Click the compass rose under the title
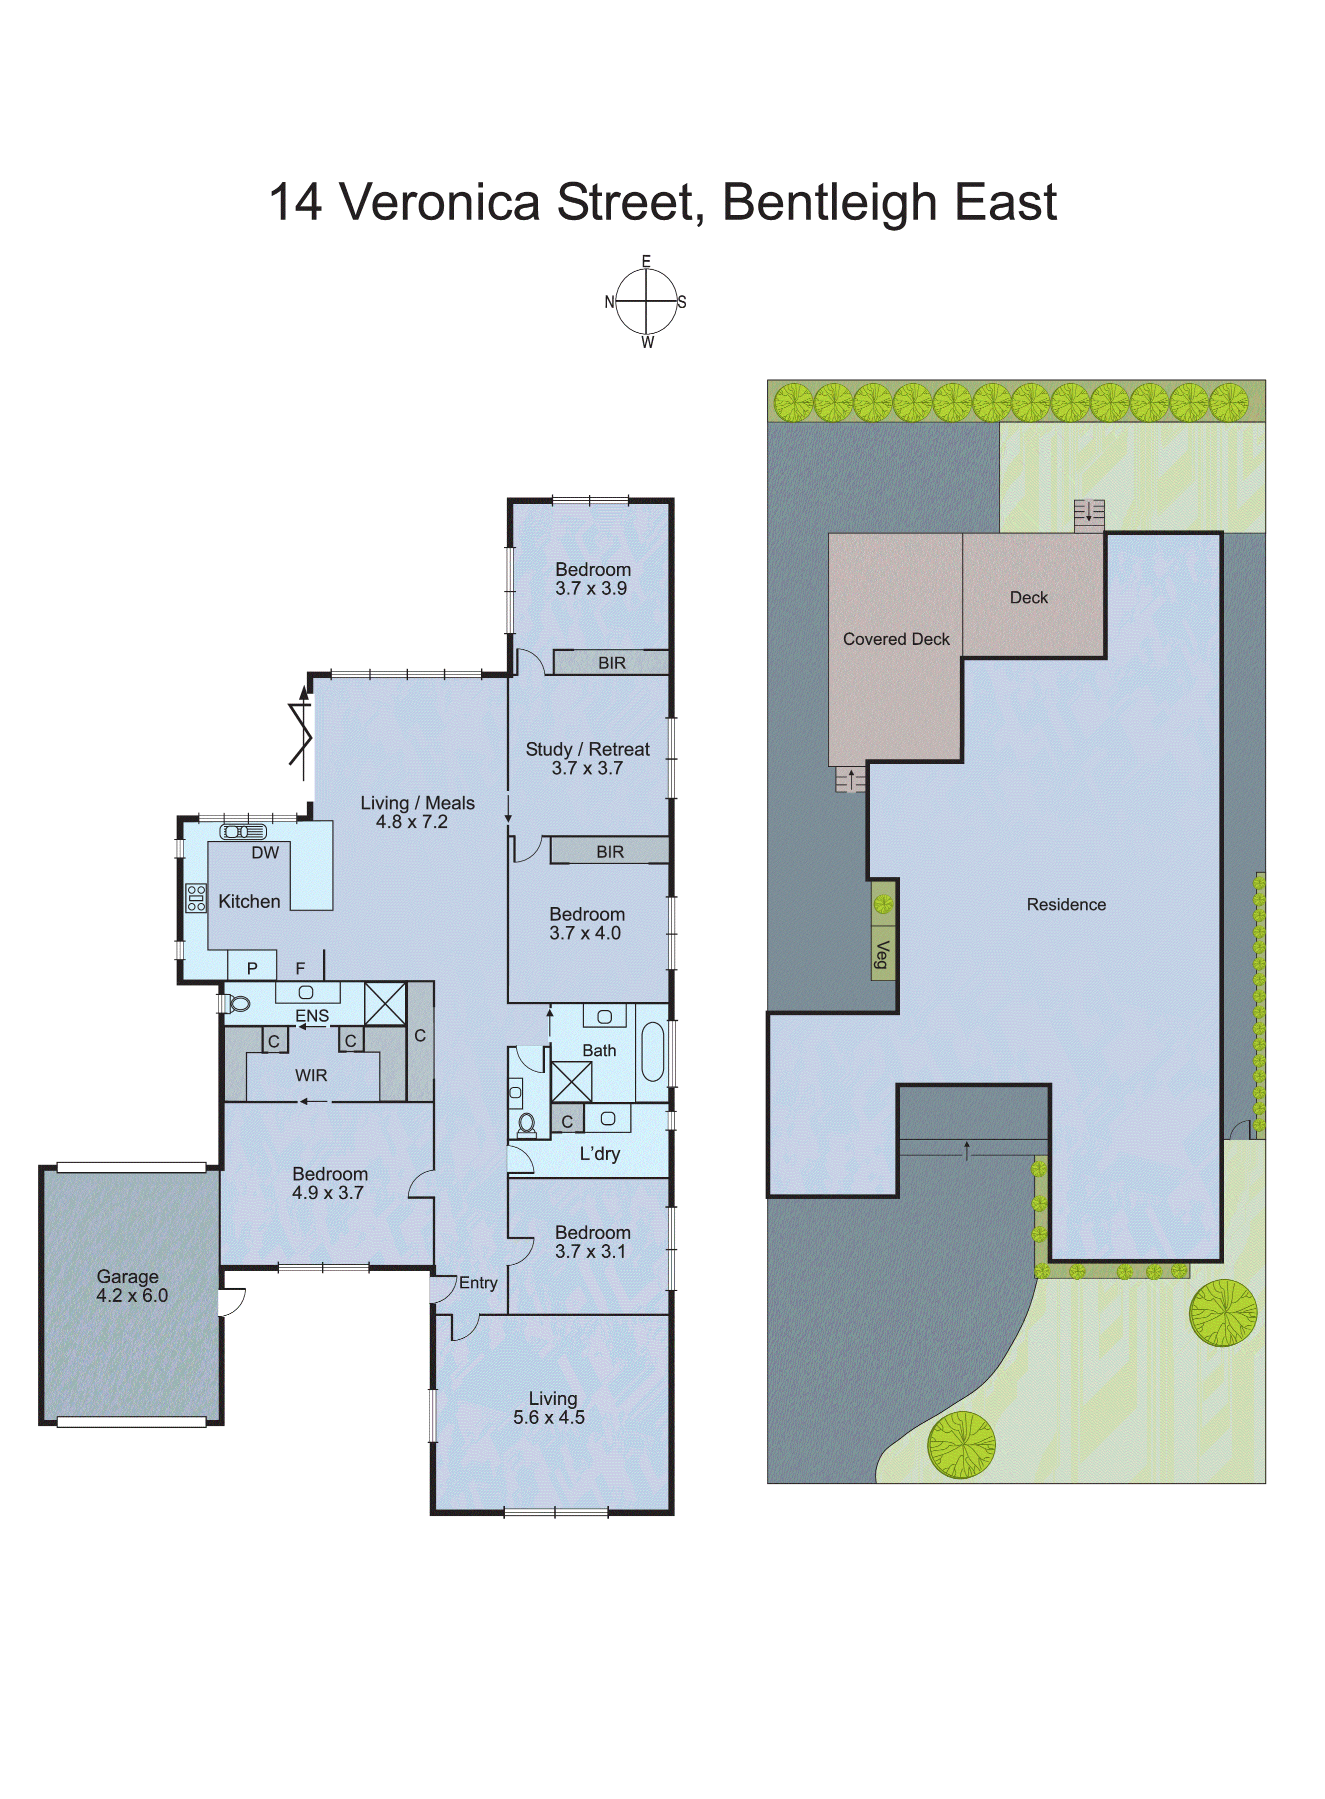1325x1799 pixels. (x=646, y=302)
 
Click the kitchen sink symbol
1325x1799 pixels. (x=243, y=831)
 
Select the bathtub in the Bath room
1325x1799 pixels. (x=653, y=1052)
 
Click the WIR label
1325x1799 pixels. (x=311, y=1075)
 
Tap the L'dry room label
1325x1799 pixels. (x=600, y=1154)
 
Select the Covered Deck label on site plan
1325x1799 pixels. (x=896, y=639)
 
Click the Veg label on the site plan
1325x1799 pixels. (x=882, y=954)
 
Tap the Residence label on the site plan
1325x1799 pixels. (x=1066, y=905)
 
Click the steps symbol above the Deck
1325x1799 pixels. (x=1089, y=515)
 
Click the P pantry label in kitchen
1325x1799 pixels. (x=252, y=969)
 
